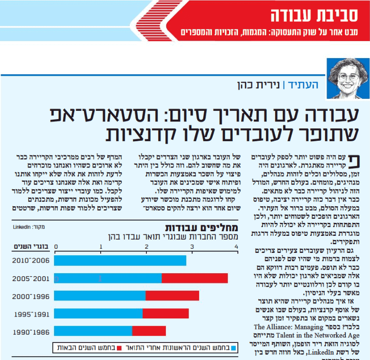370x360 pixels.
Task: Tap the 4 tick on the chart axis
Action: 237,247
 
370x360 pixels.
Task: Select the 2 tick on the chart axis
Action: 146,247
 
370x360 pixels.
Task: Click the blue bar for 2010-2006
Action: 120,260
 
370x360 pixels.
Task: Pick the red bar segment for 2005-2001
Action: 194,278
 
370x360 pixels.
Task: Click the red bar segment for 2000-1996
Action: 172,295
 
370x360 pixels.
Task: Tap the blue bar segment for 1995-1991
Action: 98,313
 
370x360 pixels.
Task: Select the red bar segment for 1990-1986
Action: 149,331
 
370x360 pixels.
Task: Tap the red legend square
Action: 120,348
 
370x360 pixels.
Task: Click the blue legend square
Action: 233,348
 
